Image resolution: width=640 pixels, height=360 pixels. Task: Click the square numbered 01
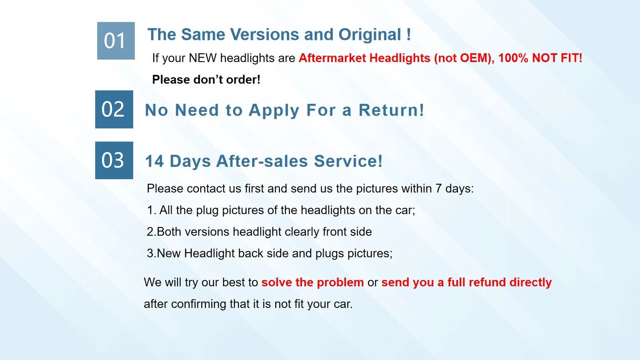click(116, 41)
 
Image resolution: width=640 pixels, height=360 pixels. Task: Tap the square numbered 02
click(114, 110)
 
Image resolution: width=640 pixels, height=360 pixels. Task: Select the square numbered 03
click(114, 160)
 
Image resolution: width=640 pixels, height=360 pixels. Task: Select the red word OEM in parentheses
click(474, 58)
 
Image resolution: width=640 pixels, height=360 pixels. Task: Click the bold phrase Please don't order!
click(206, 80)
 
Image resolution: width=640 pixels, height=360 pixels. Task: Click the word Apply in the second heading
click(274, 111)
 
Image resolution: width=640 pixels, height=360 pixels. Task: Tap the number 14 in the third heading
click(154, 161)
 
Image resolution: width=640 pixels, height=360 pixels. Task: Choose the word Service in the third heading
click(348, 161)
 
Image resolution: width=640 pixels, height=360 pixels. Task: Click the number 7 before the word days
click(438, 188)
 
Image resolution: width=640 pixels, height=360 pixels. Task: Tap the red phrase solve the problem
click(312, 282)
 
